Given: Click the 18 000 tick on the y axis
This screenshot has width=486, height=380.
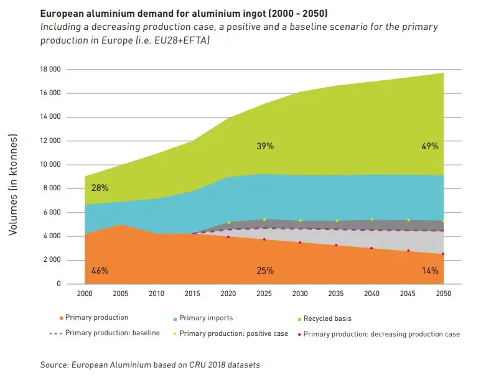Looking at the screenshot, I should [51, 70].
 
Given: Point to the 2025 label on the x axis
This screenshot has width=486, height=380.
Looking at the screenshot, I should [264, 291].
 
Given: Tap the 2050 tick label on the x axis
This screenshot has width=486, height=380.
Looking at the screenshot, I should [443, 291].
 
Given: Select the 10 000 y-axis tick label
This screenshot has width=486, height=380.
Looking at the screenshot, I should [51, 165].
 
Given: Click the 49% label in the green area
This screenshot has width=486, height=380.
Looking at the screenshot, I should [430, 147].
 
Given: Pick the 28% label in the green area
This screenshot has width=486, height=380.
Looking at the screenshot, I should [100, 188].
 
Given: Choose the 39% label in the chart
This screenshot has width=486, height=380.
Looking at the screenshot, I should [265, 147].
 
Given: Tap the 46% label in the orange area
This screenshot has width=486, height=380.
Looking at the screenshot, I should [100, 271].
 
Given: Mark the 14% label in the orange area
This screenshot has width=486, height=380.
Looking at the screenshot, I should [430, 271].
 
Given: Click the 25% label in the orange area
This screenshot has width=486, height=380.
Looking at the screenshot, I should [265, 271].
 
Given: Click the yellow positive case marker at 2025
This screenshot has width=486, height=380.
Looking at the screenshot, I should [264, 220].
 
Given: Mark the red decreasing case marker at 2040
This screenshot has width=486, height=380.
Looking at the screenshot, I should [372, 248].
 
